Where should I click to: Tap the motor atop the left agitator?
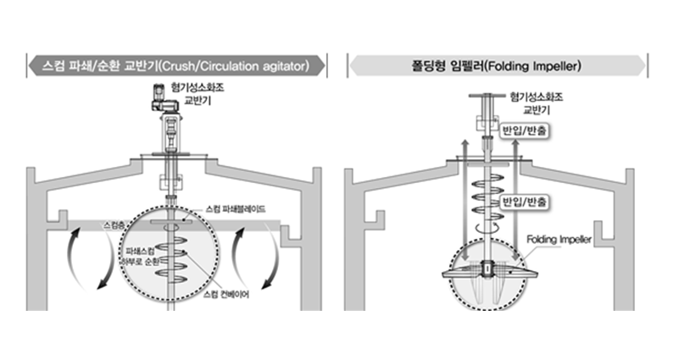pyautogui.click(x=164, y=99)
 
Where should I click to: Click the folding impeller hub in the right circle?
pyautogui.click(x=487, y=272)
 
